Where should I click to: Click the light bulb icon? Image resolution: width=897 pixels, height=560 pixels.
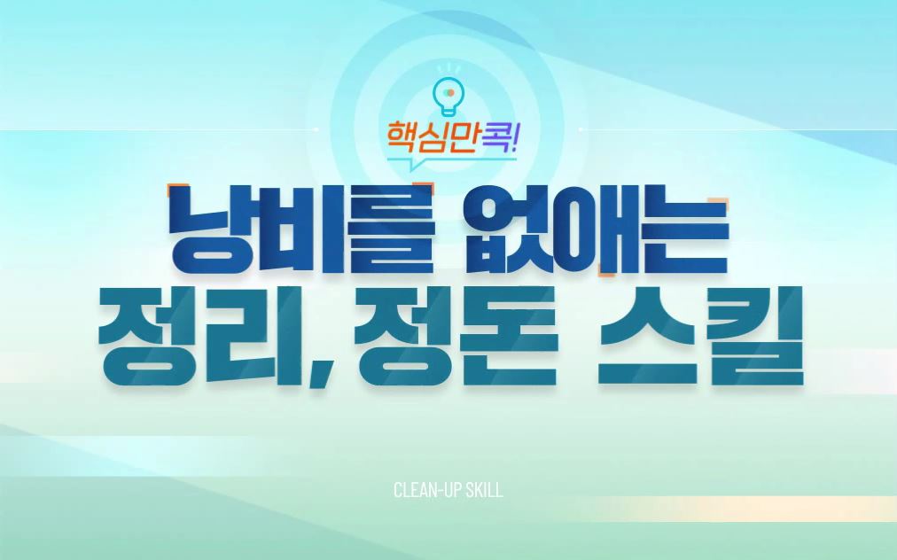tap(449, 95)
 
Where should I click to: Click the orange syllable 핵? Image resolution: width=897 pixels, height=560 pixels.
tap(402, 136)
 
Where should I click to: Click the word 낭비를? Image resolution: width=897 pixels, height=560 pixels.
tap(301, 230)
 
